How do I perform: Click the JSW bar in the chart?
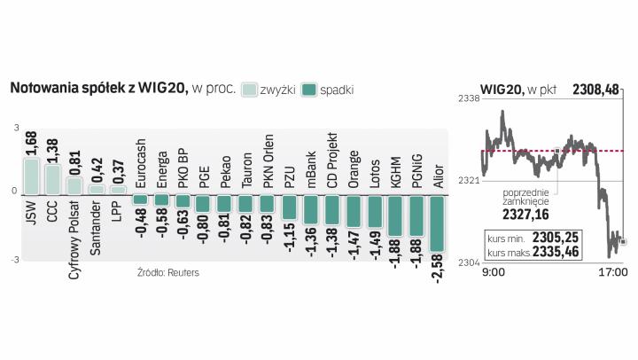[x=31, y=176]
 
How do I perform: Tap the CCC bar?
[x=52, y=178]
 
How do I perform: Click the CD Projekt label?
[x=333, y=166]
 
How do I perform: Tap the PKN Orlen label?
[x=268, y=163]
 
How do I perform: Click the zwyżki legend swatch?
[x=249, y=90]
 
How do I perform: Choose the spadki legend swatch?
[x=309, y=90]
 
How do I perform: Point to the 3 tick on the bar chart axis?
[x=15, y=128]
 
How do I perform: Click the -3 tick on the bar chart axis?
[x=13, y=259]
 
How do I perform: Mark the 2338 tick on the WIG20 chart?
[x=468, y=99]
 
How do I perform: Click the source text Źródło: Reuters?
[x=168, y=272]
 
